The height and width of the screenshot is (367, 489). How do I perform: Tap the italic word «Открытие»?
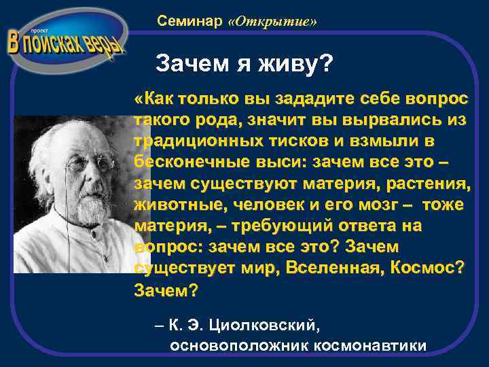point(273,22)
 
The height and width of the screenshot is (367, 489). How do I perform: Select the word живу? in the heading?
point(298,65)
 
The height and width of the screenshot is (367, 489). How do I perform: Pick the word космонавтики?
point(369,345)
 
